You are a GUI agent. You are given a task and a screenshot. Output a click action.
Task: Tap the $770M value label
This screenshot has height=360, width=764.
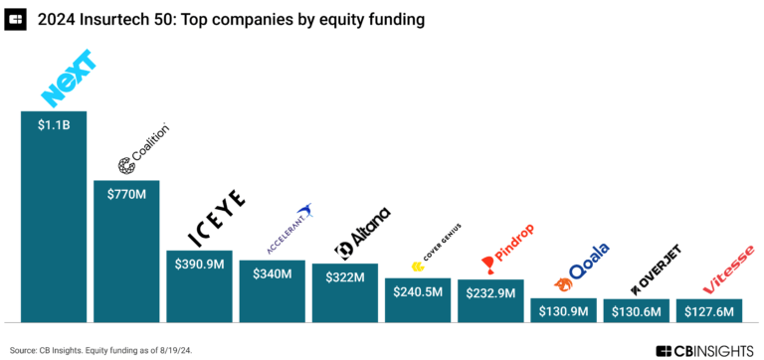[126, 194]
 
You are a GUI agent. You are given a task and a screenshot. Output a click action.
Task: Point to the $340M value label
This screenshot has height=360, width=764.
[272, 273]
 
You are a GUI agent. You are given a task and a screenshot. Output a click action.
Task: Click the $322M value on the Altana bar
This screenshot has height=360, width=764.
[344, 276]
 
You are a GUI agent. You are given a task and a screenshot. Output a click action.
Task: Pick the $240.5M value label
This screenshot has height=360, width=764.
[418, 291]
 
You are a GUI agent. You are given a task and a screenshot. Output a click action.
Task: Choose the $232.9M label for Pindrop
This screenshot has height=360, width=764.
[490, 293]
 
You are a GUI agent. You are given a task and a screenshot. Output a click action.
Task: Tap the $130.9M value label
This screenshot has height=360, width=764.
[563, 311]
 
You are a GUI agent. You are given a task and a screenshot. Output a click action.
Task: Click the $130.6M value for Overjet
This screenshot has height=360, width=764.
[636, 311]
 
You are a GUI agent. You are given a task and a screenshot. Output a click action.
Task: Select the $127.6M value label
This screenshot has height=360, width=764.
[708, 311]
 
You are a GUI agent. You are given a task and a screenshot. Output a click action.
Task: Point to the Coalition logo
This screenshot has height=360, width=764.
[143, 150]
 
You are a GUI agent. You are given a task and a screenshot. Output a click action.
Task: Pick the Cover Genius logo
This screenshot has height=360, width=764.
[433, 258]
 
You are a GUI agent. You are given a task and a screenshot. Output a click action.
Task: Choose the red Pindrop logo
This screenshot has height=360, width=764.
[507, 255]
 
